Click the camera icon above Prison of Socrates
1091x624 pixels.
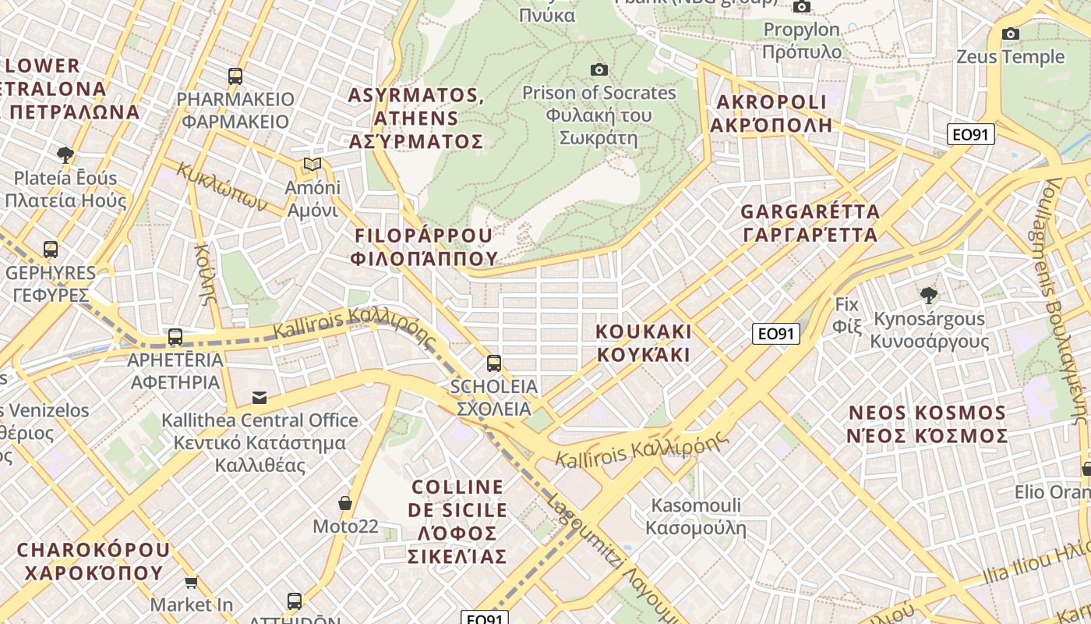coord(598,70)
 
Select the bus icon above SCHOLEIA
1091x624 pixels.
coord(493,363)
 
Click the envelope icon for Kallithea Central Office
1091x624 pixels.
coord(259,398)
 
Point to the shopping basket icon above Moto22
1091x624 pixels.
coord(345,504)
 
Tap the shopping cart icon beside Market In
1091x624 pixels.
coord(191,582)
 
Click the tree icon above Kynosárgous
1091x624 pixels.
coord(928,295)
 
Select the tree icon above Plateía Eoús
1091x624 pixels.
coord(65,154)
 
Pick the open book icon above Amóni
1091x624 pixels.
coord(312,165)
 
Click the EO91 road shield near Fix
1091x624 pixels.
coord(776,335)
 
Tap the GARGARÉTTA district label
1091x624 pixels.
coord(810,223)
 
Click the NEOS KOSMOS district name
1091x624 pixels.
coord(927,424)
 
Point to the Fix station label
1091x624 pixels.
coord(846,315)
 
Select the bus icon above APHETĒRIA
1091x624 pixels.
coord(175,337)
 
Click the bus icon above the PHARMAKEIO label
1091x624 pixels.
coord(235,76)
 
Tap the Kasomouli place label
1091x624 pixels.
coord(696,516)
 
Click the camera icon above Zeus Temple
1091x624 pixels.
coord(1010,34)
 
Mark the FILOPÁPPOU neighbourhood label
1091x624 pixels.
coord(424,246)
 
